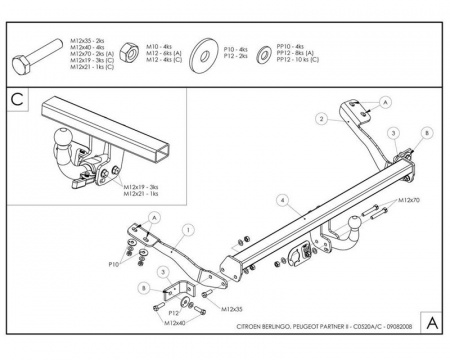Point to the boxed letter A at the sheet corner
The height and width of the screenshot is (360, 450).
pyautogui.click(x=430, y=323)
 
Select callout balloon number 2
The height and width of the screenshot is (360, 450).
pyautogui.click(x=321, y=118)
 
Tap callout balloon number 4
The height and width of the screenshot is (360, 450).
pyautogui.click(x=283, y=200)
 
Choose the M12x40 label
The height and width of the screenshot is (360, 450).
pyautogui.click(x=176, y=322)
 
